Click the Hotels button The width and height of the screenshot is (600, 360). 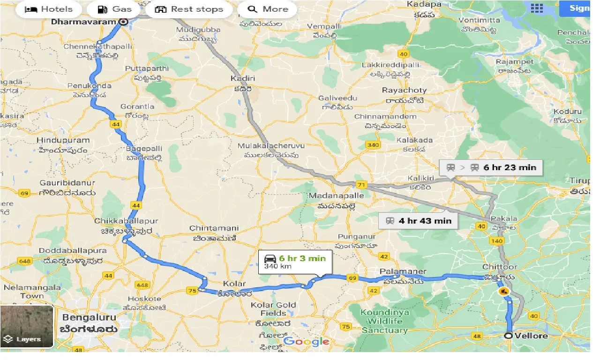48,9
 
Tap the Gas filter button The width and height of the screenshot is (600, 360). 115,9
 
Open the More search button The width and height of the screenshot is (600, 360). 268,9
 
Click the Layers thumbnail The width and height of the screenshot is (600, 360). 27,327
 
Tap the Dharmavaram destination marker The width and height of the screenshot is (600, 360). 123,22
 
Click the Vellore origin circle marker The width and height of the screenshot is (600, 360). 509,336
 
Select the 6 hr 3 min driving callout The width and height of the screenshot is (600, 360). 295,262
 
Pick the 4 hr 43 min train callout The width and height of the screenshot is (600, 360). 419,221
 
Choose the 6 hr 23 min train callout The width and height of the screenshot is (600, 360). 491,167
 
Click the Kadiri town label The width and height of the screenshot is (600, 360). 243,78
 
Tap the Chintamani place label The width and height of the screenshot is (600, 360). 214,228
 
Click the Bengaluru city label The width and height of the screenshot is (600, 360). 89,317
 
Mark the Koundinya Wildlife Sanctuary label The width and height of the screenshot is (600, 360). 384,321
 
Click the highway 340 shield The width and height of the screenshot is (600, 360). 373,145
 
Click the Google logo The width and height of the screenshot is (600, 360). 306,341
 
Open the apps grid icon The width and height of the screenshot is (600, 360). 537,8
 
